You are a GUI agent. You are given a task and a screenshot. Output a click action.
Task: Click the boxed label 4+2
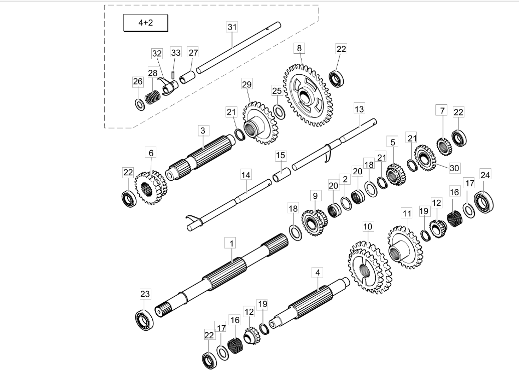point(145,24)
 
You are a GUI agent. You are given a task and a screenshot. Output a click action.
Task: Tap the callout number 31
point(231,27)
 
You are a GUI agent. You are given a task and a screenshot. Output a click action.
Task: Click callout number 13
point(359,108)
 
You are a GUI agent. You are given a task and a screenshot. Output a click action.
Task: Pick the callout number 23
point(144,293)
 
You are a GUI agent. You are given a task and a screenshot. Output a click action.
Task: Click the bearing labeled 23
point(144,320)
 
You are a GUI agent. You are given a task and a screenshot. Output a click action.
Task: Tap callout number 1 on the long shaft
point(231,243)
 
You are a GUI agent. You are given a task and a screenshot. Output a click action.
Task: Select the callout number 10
point(368,226)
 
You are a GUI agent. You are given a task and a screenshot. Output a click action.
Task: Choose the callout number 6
point(151,152)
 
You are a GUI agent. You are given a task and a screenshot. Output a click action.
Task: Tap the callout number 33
point(175,52)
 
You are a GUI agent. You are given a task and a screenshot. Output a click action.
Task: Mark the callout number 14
point(245,175)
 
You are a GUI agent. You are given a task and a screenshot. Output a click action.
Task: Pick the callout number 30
point(454,168)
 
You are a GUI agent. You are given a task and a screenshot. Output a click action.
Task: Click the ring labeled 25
point(280,111)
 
